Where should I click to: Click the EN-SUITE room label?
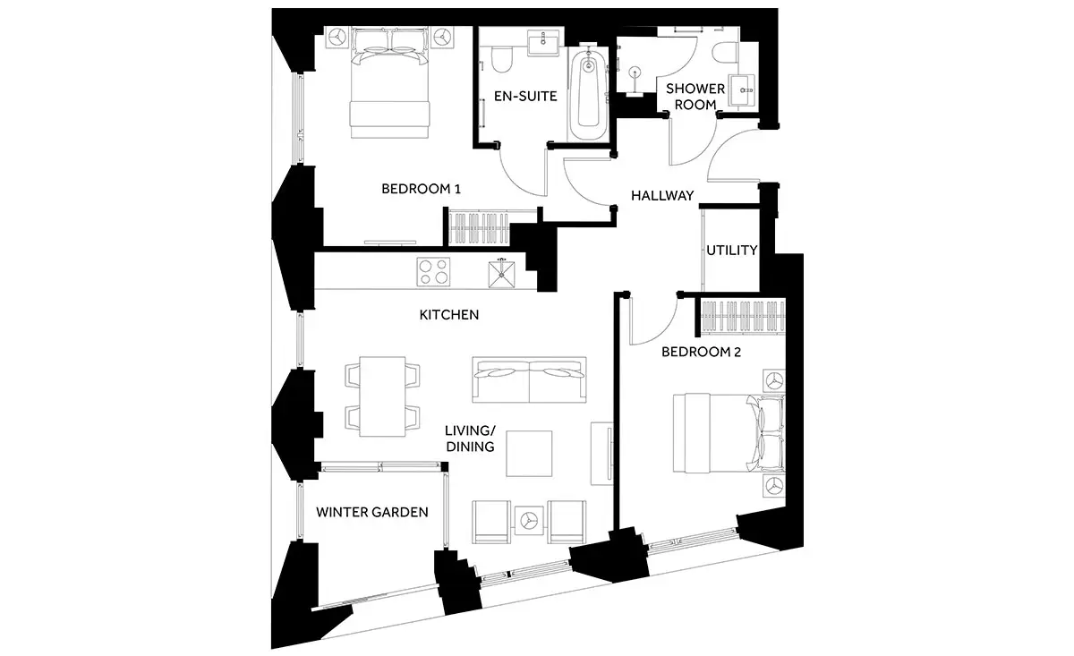[525, 97]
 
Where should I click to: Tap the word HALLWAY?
[662, 195]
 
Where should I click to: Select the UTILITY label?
[732, 250]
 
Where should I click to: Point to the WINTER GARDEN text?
[372, 512]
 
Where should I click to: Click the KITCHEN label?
[448, 314]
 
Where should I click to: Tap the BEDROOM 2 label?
[701, 352]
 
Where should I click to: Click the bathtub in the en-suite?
[588, 94]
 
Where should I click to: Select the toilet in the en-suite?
[502, 59]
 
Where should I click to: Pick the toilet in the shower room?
[725, 52]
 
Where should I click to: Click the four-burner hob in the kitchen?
[433, 272]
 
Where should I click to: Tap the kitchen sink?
[501, 274]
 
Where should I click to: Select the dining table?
[383, 396]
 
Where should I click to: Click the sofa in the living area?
[529, 379]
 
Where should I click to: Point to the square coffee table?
[529, 454]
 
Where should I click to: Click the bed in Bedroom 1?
[389, 83]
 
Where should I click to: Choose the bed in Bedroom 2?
[729, 433]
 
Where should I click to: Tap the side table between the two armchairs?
[529, 520]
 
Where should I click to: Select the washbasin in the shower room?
[742, 89]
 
